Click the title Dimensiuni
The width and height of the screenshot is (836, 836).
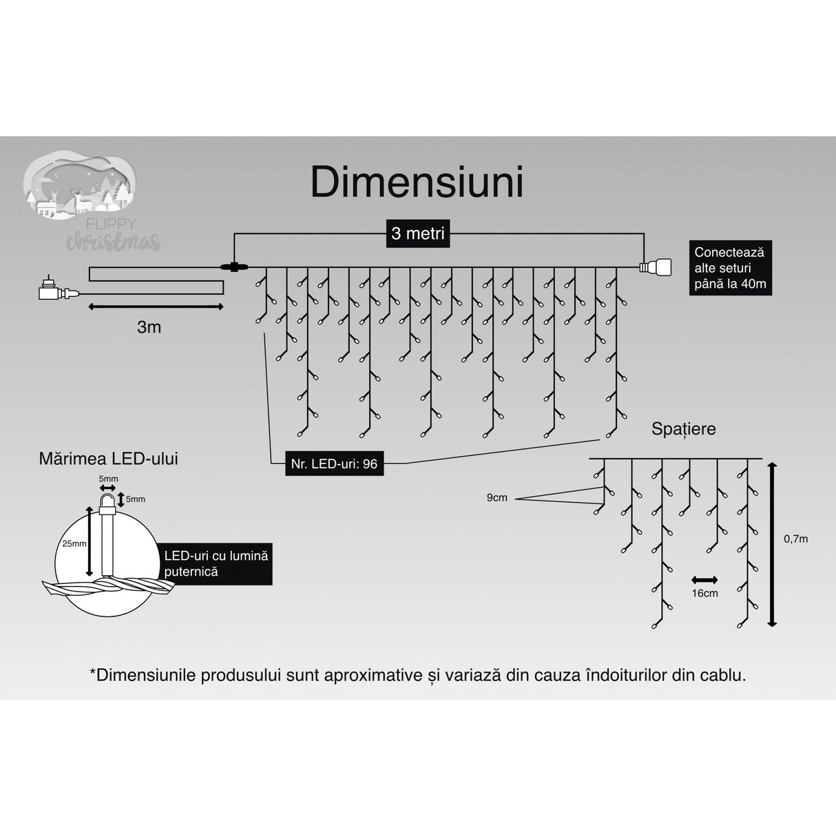[x=417, y=182]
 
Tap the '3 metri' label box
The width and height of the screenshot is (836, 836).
[x=417, y=233]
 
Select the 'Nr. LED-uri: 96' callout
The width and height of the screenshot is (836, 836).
[x=334, y=463]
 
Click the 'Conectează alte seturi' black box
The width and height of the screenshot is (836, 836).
[x=730, y=268]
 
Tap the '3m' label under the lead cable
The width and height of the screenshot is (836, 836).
[x=149, y=327]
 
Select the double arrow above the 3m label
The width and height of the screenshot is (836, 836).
[x=156, y=306]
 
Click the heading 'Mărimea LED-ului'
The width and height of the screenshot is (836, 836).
[x=108, y=459]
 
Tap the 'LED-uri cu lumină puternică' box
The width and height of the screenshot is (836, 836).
[x=216, y=563]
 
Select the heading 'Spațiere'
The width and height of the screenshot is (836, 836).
[x=683, y=428]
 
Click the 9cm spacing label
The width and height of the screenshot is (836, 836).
[x=497, y=497]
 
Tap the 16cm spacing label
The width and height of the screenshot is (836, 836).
[x=704, y=593]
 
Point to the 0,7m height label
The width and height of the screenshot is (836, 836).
[x=795, y=539]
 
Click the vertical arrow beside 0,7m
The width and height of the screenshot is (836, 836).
[x=772, y=544]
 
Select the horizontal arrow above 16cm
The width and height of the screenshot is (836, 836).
[x=704, y=579]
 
